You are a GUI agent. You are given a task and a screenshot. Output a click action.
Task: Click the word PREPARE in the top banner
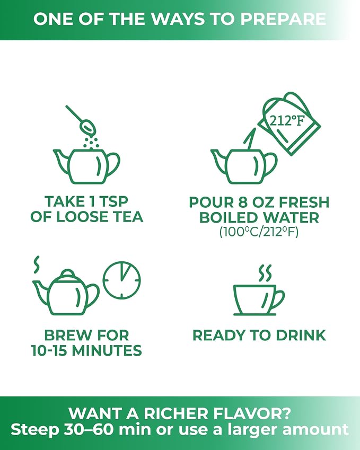tap(283, 19)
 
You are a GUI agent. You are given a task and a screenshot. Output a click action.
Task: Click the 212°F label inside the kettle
tap(286, 120)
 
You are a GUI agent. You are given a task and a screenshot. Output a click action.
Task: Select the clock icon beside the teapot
tap(122, 280)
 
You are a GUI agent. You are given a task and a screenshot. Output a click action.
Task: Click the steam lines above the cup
tap(265, 273)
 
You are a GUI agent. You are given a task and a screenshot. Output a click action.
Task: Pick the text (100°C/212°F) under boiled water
tap(259, 232)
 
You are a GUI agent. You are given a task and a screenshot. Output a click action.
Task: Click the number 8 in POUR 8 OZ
tap(243, 202)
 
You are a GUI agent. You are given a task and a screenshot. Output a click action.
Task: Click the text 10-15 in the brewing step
tap(49, 351)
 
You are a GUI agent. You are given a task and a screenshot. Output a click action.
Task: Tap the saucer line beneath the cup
tap(255, 314)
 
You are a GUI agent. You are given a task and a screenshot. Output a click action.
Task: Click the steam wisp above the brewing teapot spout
tap(37, 264)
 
